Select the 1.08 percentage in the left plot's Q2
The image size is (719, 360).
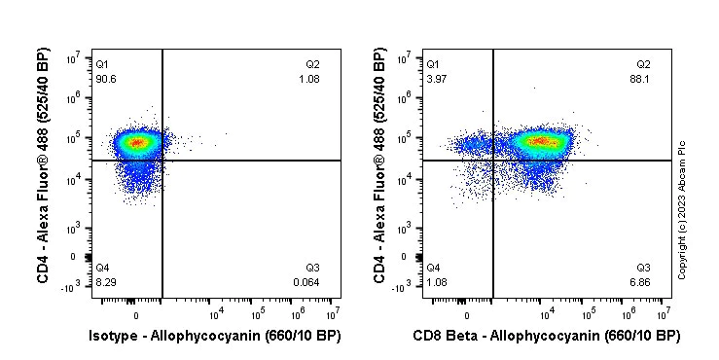[x=308, y=79]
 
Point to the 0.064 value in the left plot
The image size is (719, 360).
[x=306, y=281]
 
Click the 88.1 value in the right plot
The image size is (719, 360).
[x=642, y=79]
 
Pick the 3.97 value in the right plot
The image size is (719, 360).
[x=436, y=79]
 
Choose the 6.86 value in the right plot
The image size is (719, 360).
[x=642, y=281]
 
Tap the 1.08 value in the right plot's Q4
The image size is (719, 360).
[x=436, y=281]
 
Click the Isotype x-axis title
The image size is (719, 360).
[x=214, y=336]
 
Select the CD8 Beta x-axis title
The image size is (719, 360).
[x=546, y=336]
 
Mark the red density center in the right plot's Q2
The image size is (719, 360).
[x=542, y=142]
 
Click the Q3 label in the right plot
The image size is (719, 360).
[x=643, y=268]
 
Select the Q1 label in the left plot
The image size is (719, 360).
[x=102, y=64]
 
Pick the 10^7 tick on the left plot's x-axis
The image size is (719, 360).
[x=331, y=312]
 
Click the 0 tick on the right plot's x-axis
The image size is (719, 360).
[x=467, y=314]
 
